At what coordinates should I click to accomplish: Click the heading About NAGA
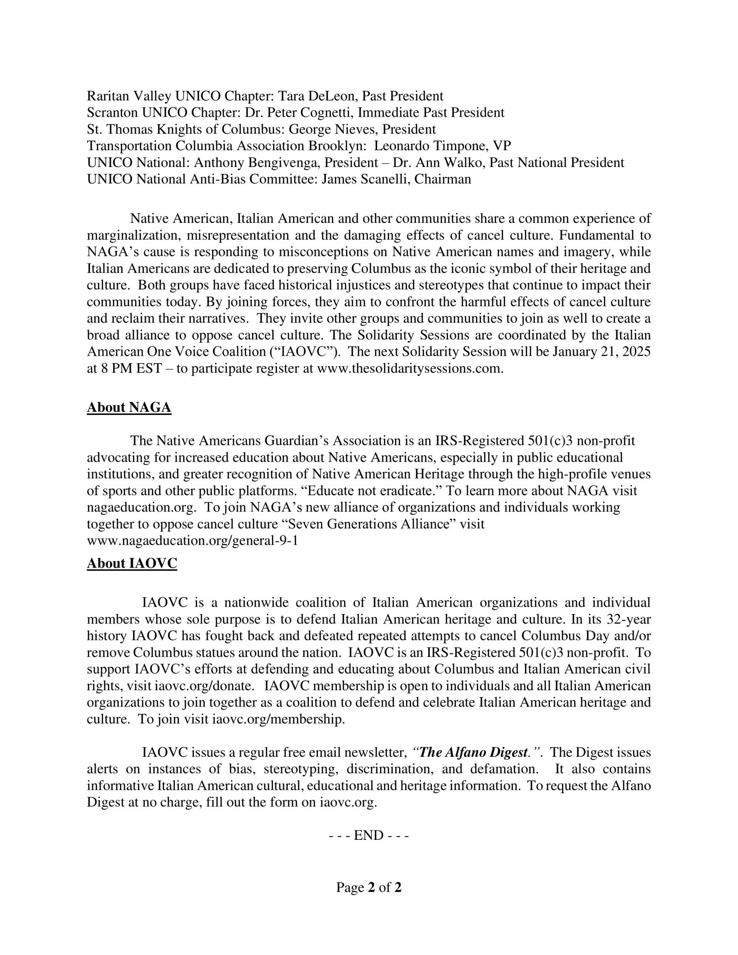129,408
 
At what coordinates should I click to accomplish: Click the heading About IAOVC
132,563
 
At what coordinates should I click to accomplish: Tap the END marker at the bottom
369,835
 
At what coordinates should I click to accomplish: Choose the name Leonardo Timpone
426,146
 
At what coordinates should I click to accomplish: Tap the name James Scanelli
365,179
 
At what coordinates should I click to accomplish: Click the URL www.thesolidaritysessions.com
409,368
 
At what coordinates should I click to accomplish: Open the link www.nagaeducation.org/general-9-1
192,541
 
